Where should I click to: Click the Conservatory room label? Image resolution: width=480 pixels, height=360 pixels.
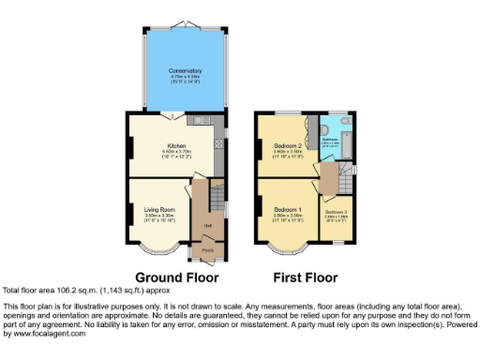pyautogui.click(x=185, y=71)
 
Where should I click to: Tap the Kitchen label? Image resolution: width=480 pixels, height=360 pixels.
pyautogui.click(x=176, y=146)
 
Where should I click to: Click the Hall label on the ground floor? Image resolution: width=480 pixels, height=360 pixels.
pyautogui.click(x=204, y=225)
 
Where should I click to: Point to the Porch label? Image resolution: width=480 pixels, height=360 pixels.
pyautogui.click(x=208, y=250)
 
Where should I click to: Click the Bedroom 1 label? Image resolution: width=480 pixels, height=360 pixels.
pyautogui.click(x=288, y=208)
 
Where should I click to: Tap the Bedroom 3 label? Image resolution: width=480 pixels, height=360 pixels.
pyautogui.click(x=335, y=213)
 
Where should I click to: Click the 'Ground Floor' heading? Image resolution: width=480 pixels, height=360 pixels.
pyautogui.click(x=177, y=277)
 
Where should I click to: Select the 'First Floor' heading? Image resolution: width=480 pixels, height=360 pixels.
pyautogui.click(x=304, y=277)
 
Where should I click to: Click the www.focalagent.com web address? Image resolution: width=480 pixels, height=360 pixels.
pyautogui.click(x=45, y=333)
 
